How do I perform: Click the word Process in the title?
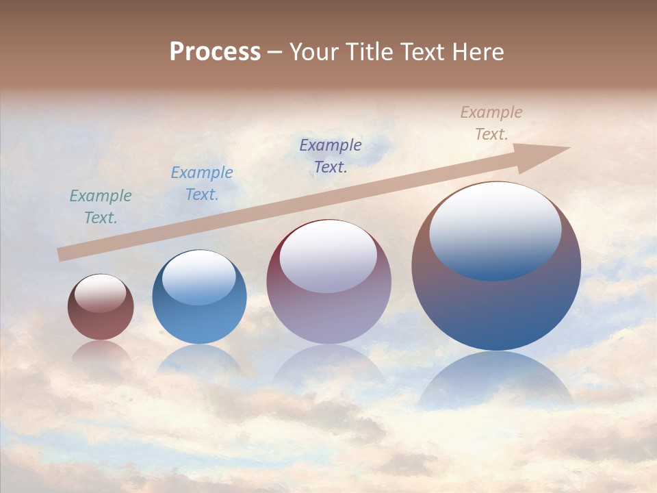pos(215,52)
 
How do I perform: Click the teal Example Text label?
pos(101,207)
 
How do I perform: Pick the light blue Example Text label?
pos(202,184)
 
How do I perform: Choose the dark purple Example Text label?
pos(331,156)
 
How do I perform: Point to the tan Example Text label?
pos(491,123)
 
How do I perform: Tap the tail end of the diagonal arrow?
pos(63,254)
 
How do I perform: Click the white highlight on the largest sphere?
pos(495,229)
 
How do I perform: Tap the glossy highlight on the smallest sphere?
pos(101,294)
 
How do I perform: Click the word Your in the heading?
pos(314,52)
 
